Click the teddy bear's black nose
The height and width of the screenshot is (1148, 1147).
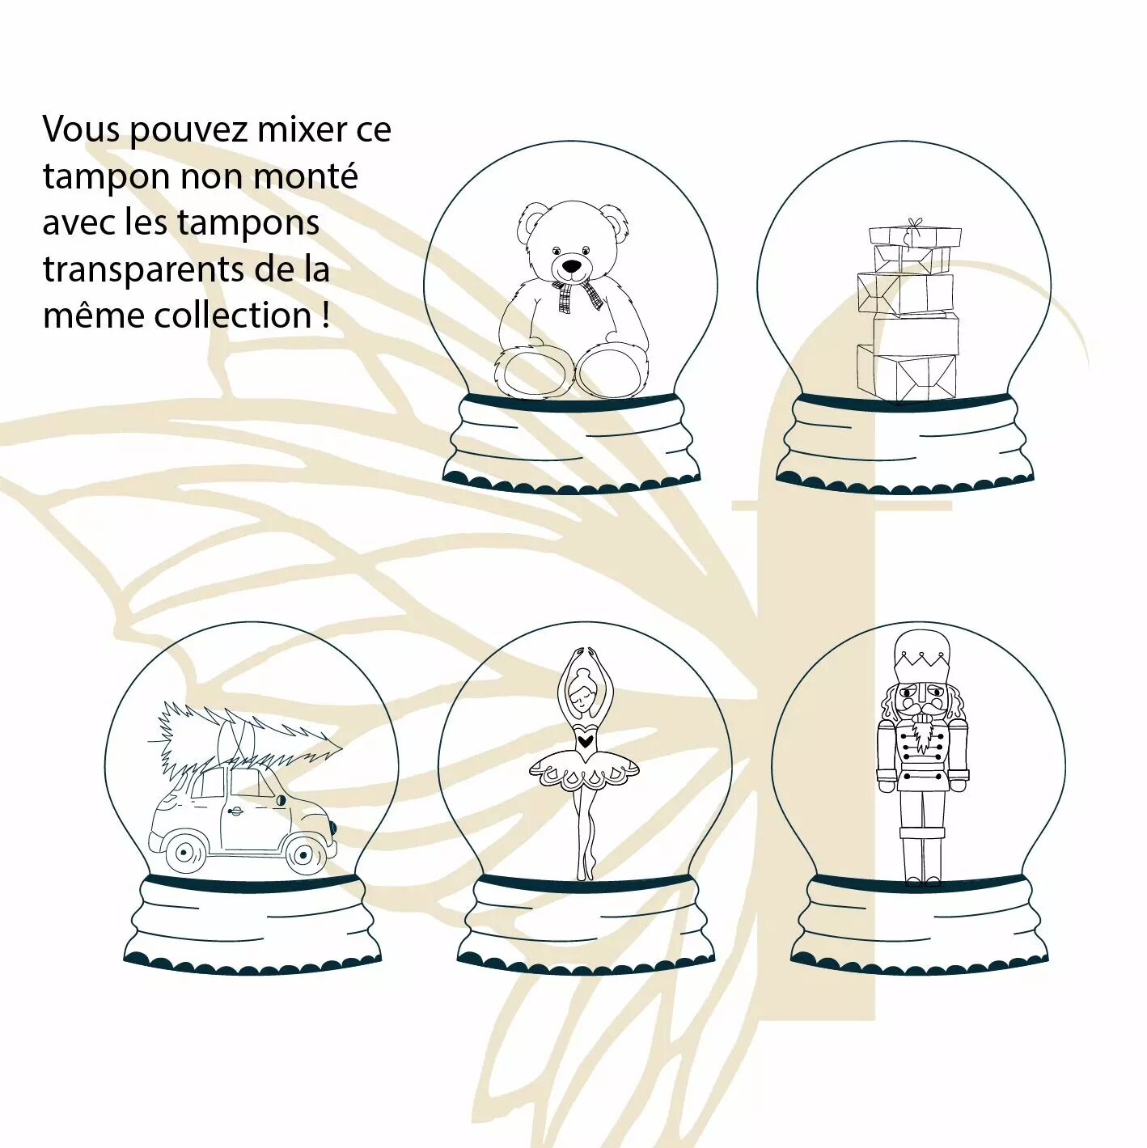click(571, 265)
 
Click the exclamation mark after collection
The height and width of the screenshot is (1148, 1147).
click(324, 316)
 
